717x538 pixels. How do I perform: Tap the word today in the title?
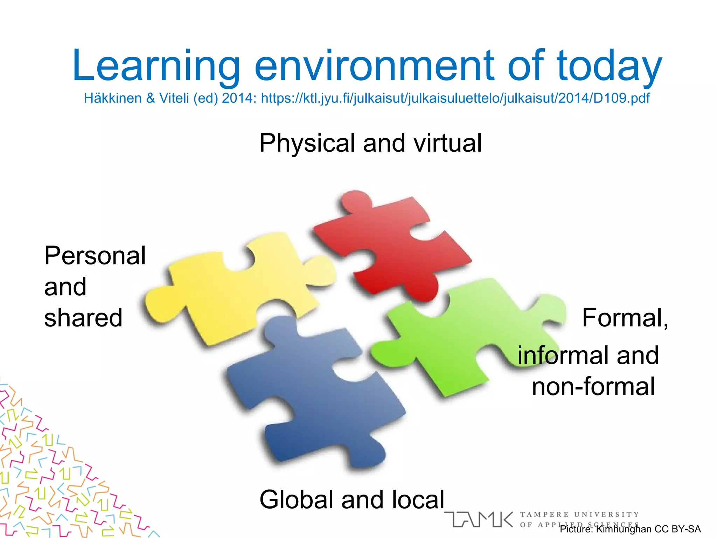tap(609, 67)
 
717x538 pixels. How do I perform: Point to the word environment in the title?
tap(375, 67)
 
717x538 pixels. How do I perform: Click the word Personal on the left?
tap(95, 256)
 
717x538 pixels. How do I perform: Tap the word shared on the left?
tap(83, 318)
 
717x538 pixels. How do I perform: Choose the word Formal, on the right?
tap(625, 318)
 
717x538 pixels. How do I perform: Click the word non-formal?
tap(593, 387)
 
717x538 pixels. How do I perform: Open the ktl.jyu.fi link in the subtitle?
tap(455, 98)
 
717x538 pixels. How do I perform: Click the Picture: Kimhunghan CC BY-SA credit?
tap(630, 529)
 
